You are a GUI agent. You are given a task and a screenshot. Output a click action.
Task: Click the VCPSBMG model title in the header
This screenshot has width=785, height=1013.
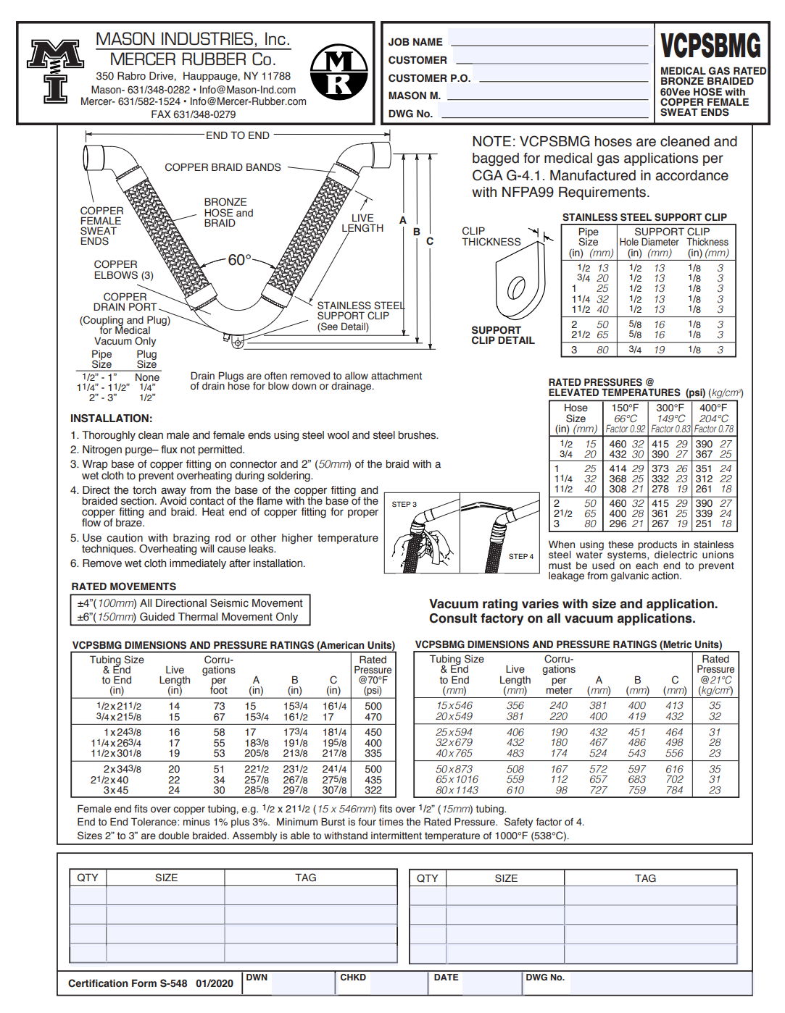pos(710,46)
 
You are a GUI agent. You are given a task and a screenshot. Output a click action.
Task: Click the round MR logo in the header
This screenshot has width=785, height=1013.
pos(338,72)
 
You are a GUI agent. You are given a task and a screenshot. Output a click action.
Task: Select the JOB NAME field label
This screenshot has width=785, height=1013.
pos(415,42)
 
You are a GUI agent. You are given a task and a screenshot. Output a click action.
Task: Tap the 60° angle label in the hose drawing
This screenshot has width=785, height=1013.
pos(239,260)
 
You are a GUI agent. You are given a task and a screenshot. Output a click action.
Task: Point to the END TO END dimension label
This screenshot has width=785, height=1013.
pos(237,135)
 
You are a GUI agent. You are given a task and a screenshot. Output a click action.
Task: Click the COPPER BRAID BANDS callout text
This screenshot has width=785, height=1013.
pos(223,167)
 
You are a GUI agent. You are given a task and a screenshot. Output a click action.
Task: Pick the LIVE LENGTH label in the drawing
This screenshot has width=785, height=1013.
pos(362,223)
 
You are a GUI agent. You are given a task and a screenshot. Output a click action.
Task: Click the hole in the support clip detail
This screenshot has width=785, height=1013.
pos(516,287)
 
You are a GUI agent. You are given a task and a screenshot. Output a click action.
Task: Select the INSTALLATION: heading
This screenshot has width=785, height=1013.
pos(111,419)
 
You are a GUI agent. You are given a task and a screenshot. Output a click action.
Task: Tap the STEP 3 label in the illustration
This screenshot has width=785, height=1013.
pos(404,504)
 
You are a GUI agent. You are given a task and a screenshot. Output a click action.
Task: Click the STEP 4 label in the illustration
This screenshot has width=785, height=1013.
pos(520,556)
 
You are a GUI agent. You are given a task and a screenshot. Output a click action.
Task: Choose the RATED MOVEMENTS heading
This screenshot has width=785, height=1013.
pos(123,587)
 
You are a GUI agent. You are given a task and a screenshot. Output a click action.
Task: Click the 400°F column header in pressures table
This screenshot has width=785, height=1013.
pos(713,408)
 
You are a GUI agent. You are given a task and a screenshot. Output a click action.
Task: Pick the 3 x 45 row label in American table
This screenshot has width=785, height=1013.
pos(116,790)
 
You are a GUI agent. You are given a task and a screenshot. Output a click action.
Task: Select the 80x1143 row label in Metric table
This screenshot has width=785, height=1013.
pos(457,790)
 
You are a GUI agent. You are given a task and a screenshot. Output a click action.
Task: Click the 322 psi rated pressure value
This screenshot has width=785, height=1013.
pos(373,790)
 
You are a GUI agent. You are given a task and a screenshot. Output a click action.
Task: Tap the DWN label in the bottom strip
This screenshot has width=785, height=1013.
pos(257,978)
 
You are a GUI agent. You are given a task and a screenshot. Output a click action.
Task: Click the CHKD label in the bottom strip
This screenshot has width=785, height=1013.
pos(353,978)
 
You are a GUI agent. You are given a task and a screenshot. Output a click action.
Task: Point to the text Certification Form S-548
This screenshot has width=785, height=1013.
pos(128,983)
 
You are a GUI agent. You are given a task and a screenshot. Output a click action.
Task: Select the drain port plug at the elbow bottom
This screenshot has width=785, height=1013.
pos(237,342)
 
